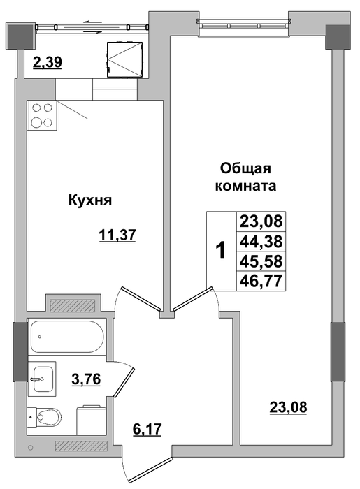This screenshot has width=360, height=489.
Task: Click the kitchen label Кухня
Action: pyautogui.click(x=90, y=200)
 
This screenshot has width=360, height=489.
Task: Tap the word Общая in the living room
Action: pyautogui.click(x=245, y=169)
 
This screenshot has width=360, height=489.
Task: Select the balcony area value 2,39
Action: pyautogui.click(x=48, y=62)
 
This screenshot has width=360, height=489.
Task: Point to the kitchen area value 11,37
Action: pyautogui.click(x=117, y=235)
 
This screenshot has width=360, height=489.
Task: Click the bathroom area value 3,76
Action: pyautogui.click(x=85, y=379)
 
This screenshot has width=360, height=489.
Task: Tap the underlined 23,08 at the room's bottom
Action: pyautogui.click(x=288, y=407)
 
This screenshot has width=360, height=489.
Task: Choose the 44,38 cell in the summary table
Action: pyautogui.click(x=261, y=241)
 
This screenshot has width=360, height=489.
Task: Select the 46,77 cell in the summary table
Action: pyautogui.click(x=261, y=281)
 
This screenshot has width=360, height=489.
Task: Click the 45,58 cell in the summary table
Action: pyautogui.click(x=261, y=261)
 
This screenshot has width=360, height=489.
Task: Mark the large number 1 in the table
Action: pyautogui.click(x=221, y=251)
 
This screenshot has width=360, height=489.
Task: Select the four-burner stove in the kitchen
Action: pyautogui.click(x=42, y=115)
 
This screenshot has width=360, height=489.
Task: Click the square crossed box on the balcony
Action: pyautogui.click(x=124, y=59)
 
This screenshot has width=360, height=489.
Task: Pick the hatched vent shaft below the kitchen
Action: pyautogui.click(x=73, y=305)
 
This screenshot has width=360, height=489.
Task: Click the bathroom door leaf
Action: pyautogui.click(x=124, y=383)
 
